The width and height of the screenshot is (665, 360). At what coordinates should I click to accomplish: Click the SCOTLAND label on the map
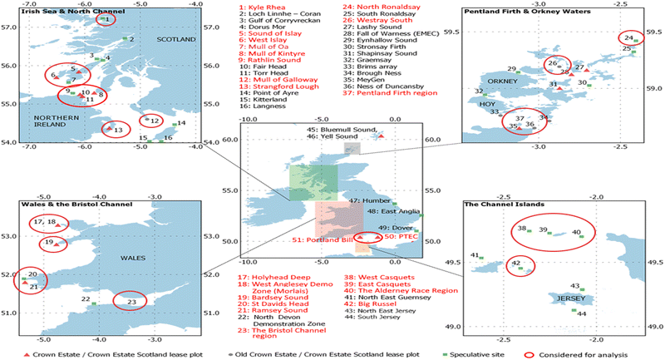pyautogui.click(x=174, y=39)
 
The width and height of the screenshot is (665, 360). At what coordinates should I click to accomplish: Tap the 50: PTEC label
pyautogui.click(x=403, y=238)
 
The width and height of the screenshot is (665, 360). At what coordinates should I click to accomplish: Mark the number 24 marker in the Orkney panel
pyautogui.click(x=631, y=37)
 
